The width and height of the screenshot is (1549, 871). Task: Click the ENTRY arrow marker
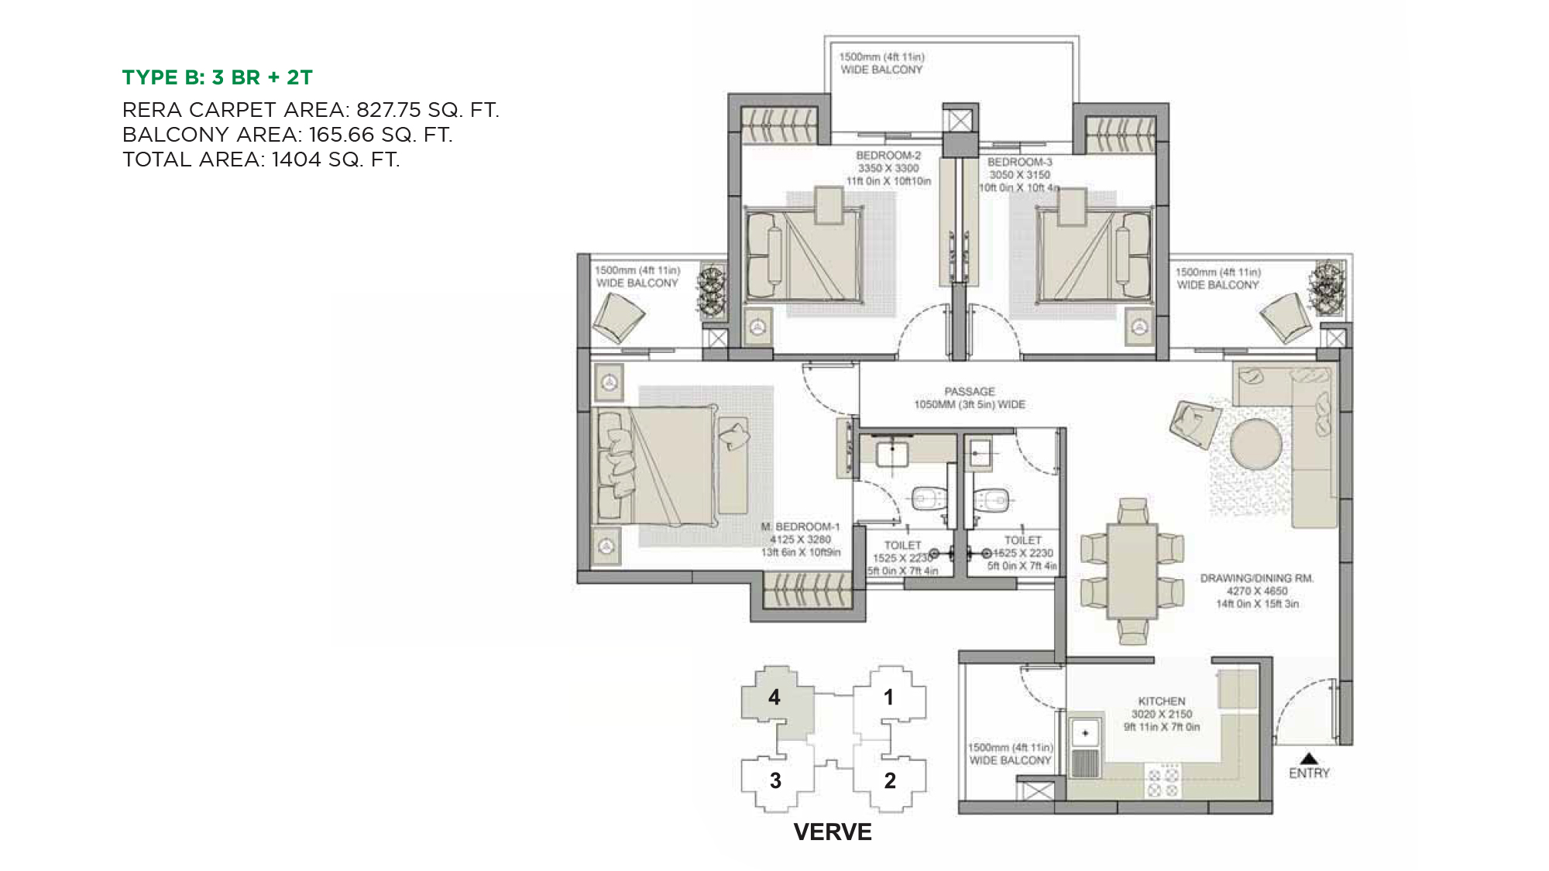click(x=1308, y=758)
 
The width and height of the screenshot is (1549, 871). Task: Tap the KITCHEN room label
click(x=1161, y=701)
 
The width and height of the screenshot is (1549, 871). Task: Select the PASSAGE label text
click(x=970, y=392)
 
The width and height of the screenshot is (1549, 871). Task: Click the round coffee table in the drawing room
click(x=1255, y=444)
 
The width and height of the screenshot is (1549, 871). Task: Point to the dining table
click(x=1132, y=571)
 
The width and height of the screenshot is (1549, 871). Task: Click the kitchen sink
click(x=1085, y=732)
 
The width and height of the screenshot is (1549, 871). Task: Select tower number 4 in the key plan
click(x=774, y=698)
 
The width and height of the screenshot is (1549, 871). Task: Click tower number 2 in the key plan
click(x=890, y=780)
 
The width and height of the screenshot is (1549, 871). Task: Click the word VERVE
click(x=833, y=832)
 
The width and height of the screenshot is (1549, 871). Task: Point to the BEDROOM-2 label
click(x=888, y=156)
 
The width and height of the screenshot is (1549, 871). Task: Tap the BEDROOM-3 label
click(x=1019, y=162)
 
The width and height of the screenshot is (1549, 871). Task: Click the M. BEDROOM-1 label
click(x=800, y=526)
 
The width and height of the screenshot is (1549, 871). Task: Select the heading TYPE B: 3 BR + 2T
click(x=218, y=77)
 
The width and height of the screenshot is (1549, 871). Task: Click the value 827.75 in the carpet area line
click(x=389, y=110)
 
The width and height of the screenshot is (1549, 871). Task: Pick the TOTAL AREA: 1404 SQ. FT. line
click(x=261, y=159)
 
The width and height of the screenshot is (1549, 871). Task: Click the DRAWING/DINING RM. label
click(x=1257, y=578)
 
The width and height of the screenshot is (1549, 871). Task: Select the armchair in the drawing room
click(x=1195, y=423)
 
